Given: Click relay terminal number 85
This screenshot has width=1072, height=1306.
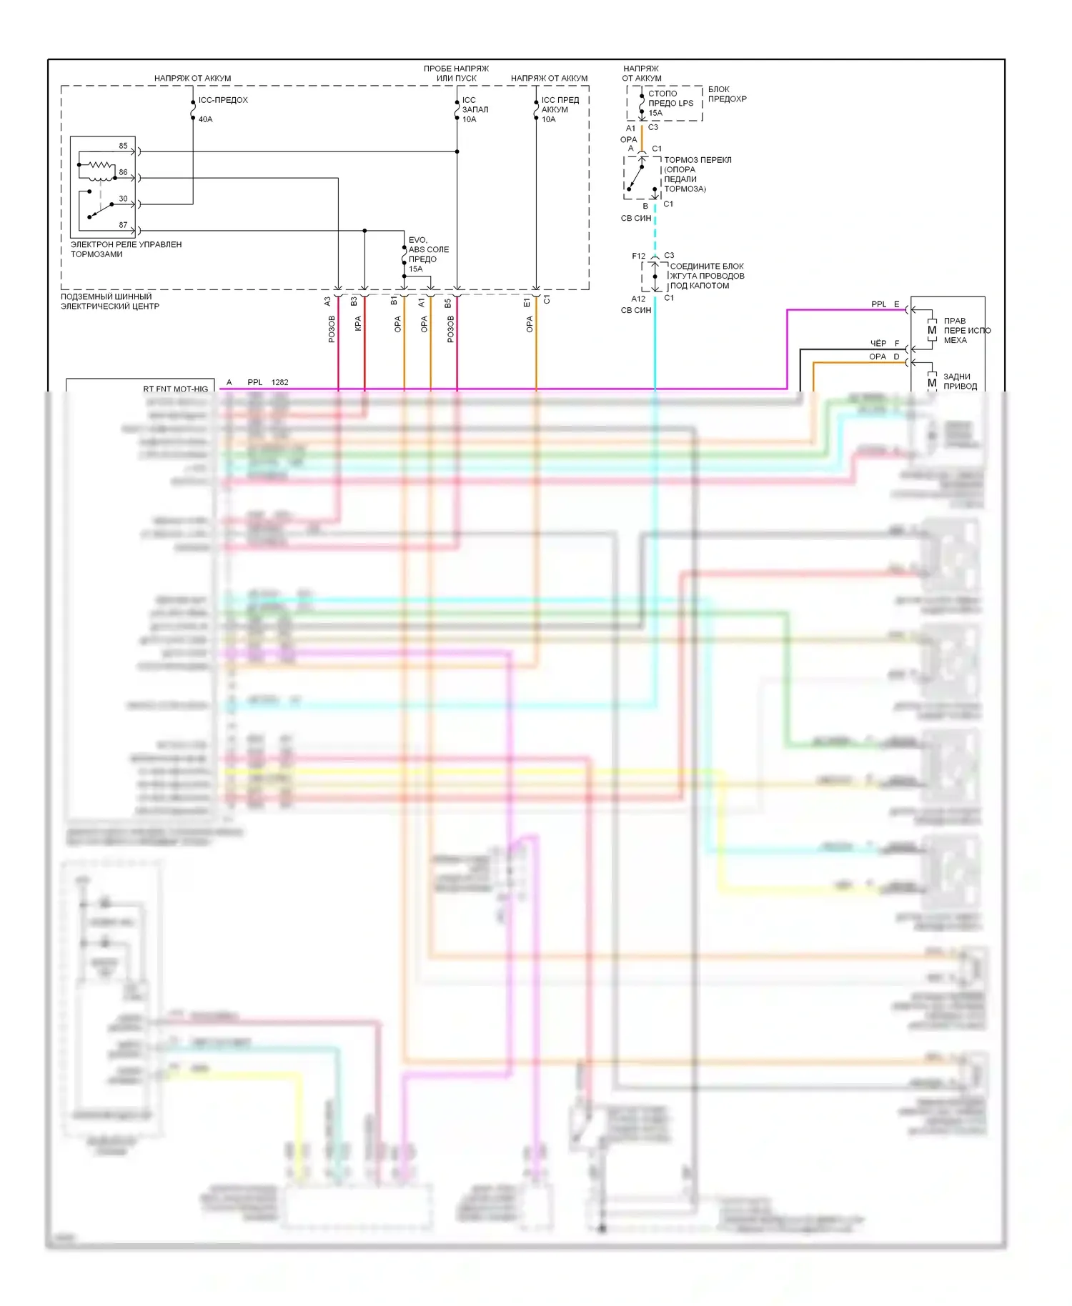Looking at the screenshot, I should point(123,146).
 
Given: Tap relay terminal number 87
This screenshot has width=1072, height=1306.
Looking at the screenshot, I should point(123,225).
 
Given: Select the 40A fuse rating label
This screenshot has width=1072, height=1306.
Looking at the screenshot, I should point(205,119).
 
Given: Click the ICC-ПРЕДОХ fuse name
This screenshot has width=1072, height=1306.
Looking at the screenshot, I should point(223,100).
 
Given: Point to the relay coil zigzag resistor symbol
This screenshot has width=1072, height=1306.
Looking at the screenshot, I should point(100,165).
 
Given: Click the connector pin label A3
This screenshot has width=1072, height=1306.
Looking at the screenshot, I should point(328,301).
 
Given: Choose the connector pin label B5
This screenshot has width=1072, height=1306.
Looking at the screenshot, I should point(448,303).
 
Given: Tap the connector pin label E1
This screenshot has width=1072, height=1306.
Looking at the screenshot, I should point(527,303).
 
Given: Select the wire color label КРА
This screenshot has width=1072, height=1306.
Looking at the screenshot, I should point(358,324).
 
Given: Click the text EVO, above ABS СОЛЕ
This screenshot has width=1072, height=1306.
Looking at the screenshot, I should point(418,240).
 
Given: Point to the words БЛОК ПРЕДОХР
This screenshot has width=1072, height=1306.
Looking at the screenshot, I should point(727,94).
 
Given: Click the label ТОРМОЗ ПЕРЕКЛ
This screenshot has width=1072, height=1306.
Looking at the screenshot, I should point(698,160).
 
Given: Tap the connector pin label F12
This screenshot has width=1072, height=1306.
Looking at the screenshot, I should point(638,256).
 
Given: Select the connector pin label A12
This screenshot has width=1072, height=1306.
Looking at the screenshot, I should point(638,299).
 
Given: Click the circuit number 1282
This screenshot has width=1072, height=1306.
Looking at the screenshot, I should point(279,382).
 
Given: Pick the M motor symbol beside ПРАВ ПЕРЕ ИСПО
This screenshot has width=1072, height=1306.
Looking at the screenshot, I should point(932,330).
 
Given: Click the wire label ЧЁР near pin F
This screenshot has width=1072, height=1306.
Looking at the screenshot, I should point(878,343).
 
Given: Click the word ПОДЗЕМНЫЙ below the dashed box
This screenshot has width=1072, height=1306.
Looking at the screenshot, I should point(87,296).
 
